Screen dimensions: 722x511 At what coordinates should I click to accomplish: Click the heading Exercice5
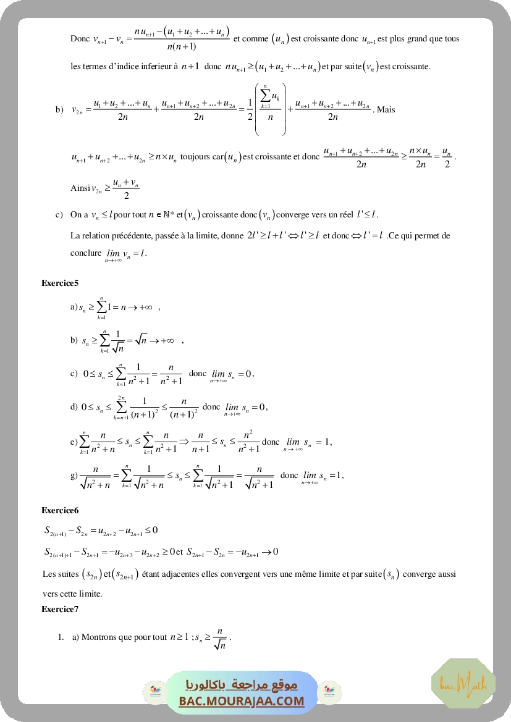(x=60, y=283)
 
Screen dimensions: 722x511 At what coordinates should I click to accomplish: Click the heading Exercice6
(x=60, y=510)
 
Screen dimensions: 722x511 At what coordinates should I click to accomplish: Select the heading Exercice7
(x=60, y=609)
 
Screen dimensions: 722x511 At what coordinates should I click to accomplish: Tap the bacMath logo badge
(x=463, y=683)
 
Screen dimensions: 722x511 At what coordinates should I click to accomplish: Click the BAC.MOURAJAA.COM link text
(x=242, y=701)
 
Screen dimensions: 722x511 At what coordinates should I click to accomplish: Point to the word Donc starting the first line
(x=80, y=39)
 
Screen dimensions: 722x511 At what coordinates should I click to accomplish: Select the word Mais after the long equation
(x=386, y=109)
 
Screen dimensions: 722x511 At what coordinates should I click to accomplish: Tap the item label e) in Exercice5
(x=74, y=442)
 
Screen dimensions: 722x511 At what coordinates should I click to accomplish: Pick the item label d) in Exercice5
(x=74, y=407)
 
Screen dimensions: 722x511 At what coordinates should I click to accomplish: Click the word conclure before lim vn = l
(x=86, y=253)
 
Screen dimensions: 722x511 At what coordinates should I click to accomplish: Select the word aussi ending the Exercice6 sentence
(x=445, y=574)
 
